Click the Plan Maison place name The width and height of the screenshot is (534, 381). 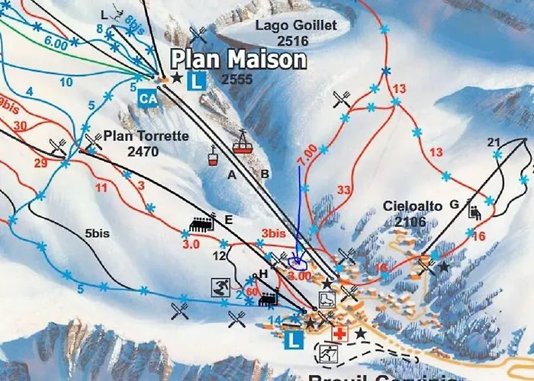237,59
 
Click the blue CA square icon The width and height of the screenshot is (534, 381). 147,97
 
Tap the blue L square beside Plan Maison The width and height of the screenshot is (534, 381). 196,78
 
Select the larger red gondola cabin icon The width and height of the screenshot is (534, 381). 243,142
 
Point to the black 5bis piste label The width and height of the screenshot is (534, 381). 97,233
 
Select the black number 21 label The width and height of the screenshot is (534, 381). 494,142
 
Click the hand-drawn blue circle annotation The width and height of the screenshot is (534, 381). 298,261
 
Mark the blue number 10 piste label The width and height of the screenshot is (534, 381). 66,82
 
